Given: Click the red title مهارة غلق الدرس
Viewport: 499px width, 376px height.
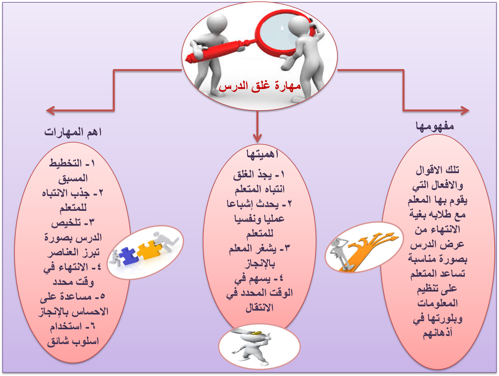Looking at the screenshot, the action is coord(260,86).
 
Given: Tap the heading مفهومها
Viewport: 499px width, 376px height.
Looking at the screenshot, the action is coord(434,126).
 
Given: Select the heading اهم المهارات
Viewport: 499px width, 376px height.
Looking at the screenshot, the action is coord(73,132).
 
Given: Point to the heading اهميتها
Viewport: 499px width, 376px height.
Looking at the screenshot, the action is coord(262,154).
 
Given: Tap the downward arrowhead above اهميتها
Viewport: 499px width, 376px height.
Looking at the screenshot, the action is coord(257,138).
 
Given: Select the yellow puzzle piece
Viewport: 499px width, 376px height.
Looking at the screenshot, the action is coord(149,249).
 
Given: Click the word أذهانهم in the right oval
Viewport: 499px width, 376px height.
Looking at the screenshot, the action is coord(437,333).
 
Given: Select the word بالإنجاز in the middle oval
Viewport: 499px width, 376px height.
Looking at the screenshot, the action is coord(260,263).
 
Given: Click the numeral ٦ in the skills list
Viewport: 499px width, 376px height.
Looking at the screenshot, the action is coord(92,326).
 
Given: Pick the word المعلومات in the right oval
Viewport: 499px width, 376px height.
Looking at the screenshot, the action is coord(437,303).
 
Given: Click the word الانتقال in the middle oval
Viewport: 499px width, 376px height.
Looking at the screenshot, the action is coord(260,308).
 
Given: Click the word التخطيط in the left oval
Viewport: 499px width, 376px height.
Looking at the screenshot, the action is coord(66,163).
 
